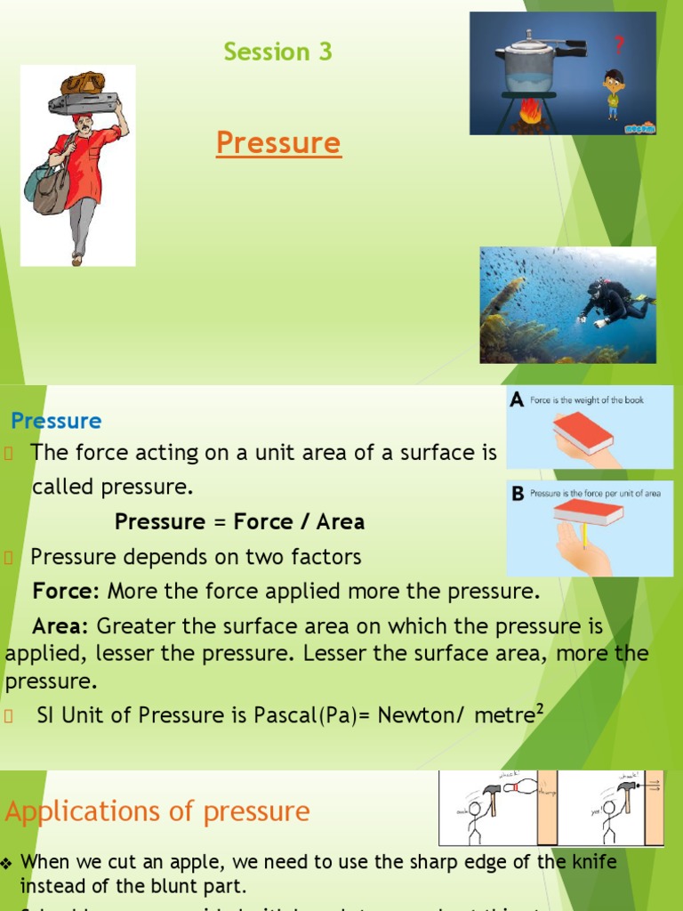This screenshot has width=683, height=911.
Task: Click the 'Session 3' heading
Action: (x=277, y=52)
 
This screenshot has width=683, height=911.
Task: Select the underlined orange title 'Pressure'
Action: (x=278, y=142)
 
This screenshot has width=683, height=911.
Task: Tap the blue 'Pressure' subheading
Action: (x=56, y=421)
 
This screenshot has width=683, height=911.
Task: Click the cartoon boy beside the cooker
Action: (x=613, y=93)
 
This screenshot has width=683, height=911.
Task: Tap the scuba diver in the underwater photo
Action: (x=615, y=302)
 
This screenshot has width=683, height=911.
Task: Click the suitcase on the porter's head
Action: (x=84, y=102)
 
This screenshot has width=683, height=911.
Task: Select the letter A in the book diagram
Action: (x=517, y=401)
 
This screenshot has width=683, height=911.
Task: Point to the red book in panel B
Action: (x=587, y=511)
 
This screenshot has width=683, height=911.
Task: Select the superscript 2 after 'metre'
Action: (x=539, y=708)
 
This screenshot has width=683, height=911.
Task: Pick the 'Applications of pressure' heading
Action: (x=157, y=811)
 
